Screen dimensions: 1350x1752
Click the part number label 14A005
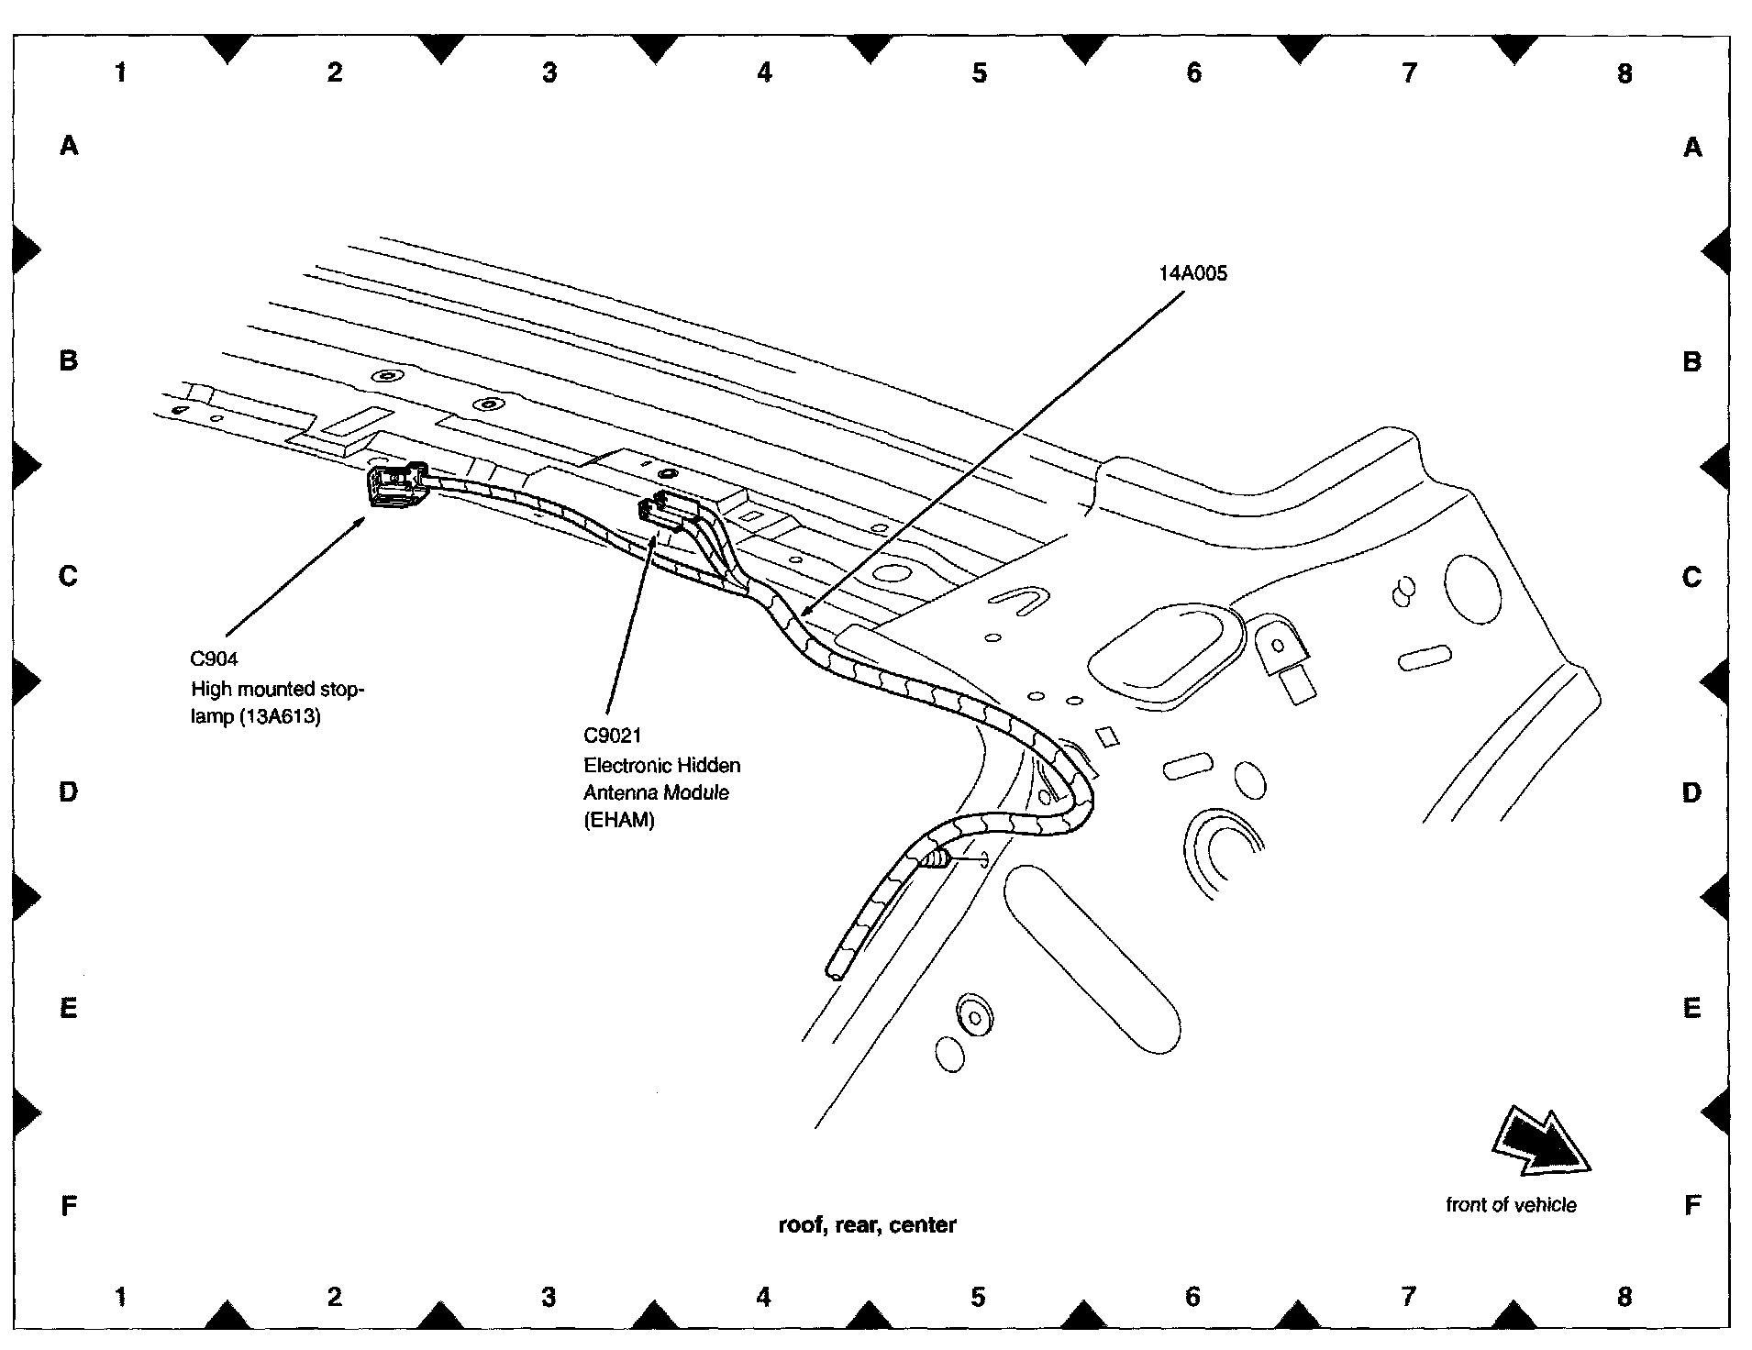click(x=1192, y=273)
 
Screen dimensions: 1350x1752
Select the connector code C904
click(x=215, y=658)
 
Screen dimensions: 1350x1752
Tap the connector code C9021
click(x=613, y=736)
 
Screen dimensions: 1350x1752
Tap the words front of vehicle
click(x=1511, y=1205)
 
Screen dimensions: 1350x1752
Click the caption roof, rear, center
click(x=867, y=1224)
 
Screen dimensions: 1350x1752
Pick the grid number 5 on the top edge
click(x=979, y=72)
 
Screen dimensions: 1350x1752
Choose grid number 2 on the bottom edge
click(x=335, y=1296)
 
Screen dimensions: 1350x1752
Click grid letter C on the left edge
click(x=69, y=576)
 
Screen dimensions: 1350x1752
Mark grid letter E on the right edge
click(x=1692, y=1009)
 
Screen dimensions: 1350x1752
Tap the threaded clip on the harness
click(x=936, y=860)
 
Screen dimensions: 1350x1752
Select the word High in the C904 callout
click(x=211, y=688)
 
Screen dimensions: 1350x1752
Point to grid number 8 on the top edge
click(x=1624, y=72)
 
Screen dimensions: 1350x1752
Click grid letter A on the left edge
click(x=69, y=145)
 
